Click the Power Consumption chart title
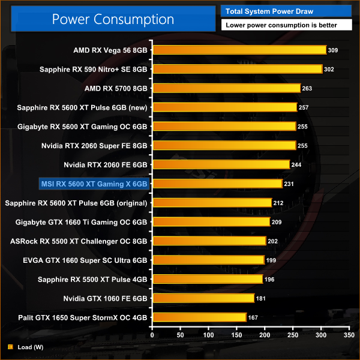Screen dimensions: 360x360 pyautogui.click(x=112, y=19)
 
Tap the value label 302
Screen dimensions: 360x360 pyautogui.click(x=329, y=69)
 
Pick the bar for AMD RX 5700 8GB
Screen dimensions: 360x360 pyautogui.click(x=226, y=88)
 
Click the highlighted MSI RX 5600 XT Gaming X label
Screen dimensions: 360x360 pyautogui.click(x=94, y=184)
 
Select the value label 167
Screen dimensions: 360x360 pyautogui.click(x=253, y=317)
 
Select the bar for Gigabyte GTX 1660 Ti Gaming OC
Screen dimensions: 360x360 pyautogui.click(x=211, y=222)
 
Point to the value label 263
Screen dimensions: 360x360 pyautogui.click(x=307, y=88)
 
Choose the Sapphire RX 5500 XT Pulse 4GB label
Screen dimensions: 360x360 pyautogui.click(x=93, y=279)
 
